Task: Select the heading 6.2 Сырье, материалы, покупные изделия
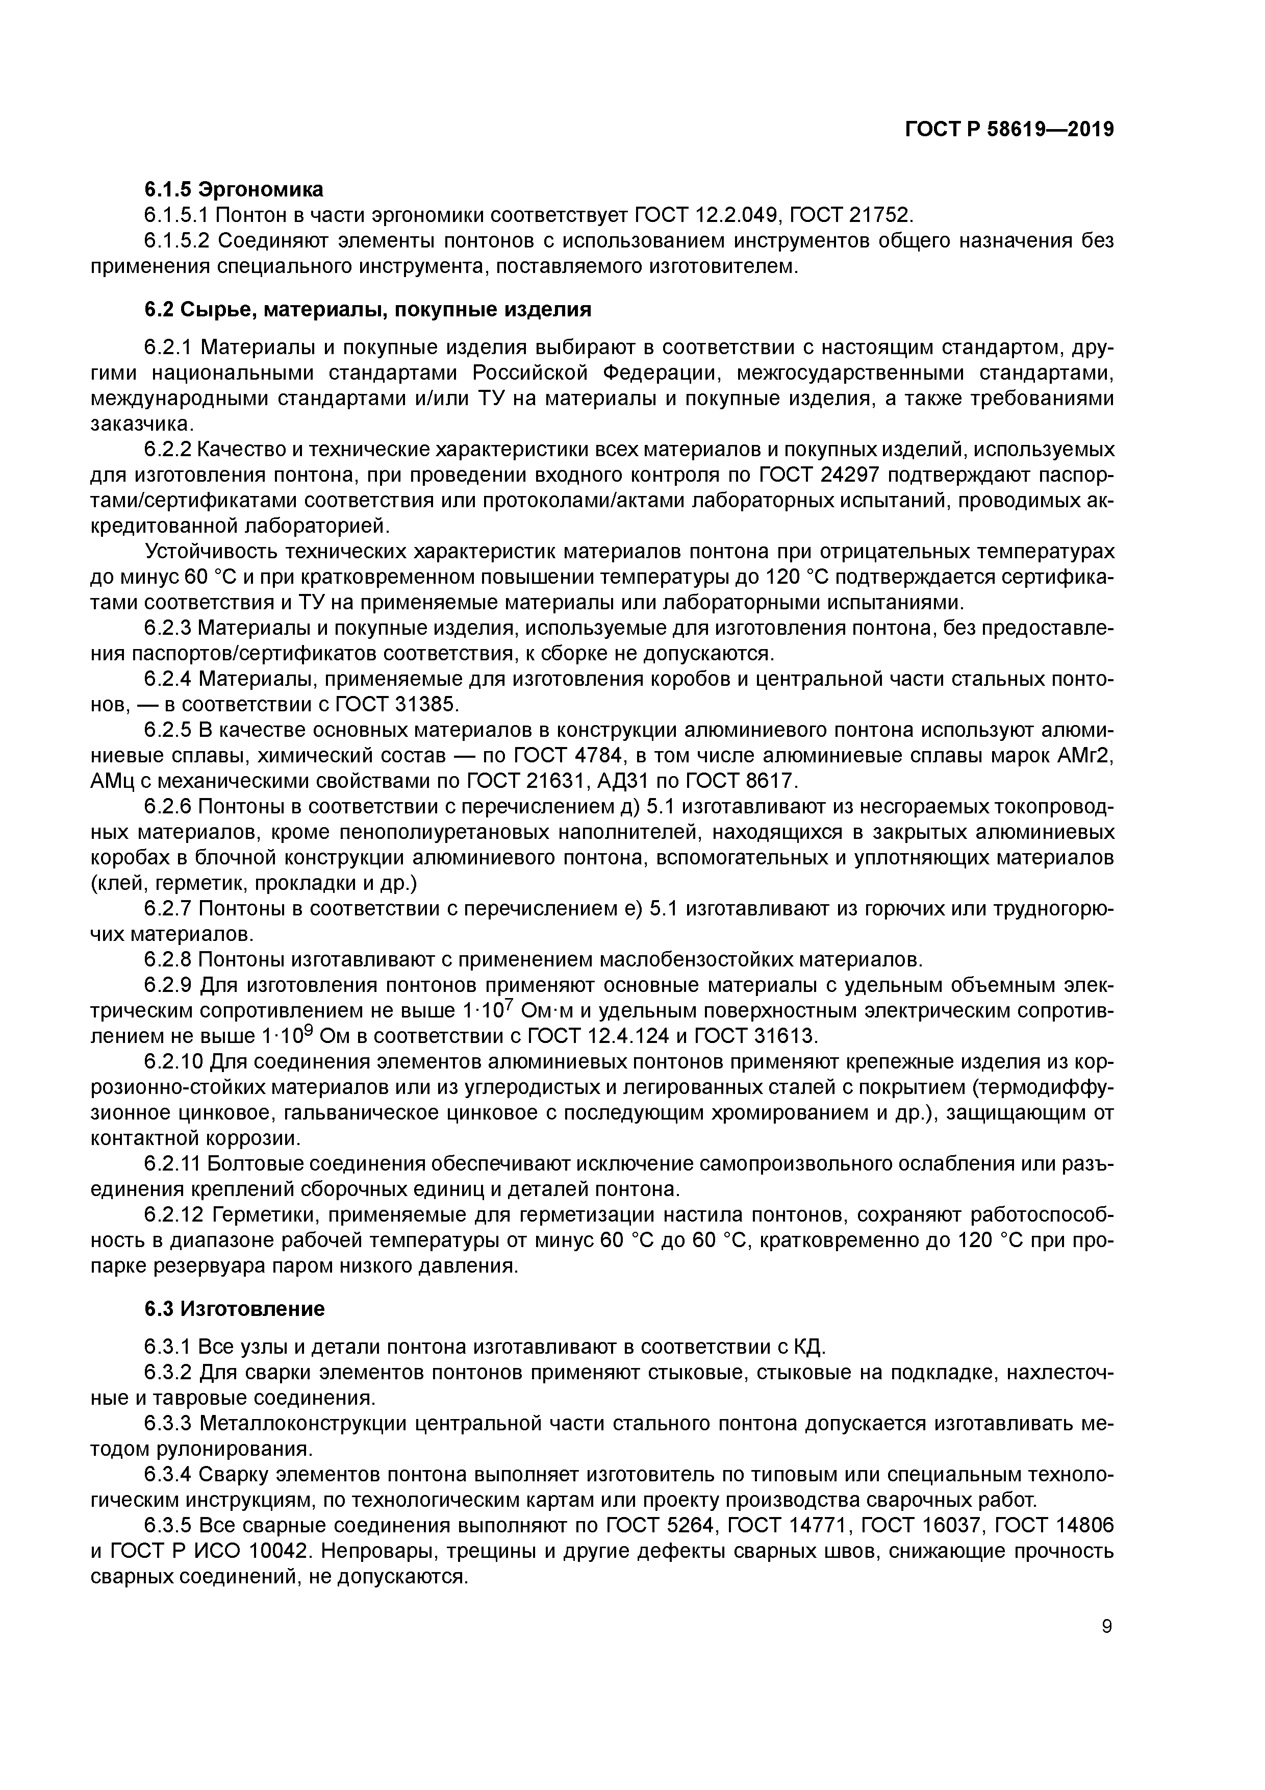coord(368,310)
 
